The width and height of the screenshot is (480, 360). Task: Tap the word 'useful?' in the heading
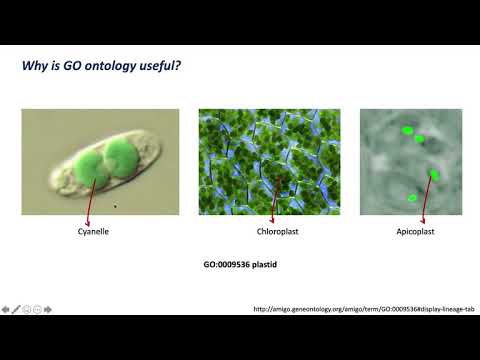159,67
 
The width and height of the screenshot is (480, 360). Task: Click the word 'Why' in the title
35,67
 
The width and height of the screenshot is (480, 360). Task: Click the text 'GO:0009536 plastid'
239,267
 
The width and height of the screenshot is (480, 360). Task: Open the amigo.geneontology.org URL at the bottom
363,308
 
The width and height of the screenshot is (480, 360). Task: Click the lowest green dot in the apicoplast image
412,198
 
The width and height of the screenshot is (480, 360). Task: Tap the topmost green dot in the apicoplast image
408,130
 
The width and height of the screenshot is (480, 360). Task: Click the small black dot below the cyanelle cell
116,206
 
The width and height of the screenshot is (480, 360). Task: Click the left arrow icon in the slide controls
5,308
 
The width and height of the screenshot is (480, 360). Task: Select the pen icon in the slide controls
16,308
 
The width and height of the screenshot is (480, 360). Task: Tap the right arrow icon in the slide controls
49,308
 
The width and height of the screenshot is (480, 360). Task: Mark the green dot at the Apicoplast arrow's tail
435,175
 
